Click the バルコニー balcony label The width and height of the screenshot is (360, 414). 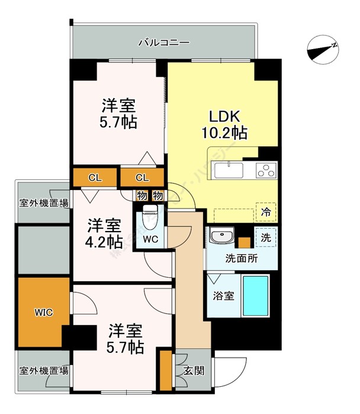163,43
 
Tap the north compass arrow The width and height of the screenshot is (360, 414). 324,50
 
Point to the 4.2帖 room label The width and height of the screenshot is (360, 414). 105,233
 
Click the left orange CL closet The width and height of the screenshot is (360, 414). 95,177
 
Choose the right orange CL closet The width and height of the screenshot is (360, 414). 142,177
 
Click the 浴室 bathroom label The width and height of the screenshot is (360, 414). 223,295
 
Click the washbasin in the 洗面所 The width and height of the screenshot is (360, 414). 222,237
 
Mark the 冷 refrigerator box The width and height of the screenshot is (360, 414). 266,211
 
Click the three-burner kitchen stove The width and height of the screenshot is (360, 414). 265,171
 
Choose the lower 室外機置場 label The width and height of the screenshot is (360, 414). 43,371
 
